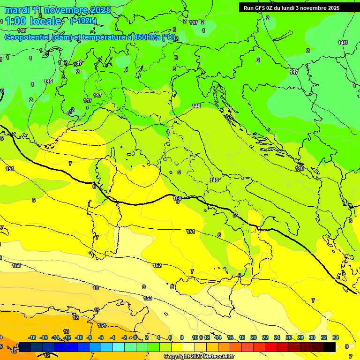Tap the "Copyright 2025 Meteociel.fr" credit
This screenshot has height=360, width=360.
[x=199, y=357]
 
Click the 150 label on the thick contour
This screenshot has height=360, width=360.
[x=177, y=198]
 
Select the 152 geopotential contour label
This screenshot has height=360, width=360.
[x=157, y=265]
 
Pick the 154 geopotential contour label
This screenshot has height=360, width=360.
[x=102, y=325]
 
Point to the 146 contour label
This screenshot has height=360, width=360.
[x=342, y=43]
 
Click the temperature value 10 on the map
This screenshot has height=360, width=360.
[x=96, y=288]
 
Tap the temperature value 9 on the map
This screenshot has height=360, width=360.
[x=144, y=287]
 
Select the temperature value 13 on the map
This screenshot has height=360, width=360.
[x=66, y=331]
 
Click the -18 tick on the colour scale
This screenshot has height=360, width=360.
[x=32, y=337]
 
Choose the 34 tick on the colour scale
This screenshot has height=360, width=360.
[x=336, y=337]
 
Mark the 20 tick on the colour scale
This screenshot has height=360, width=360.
[x=254, y=337]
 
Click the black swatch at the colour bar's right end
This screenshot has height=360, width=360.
[x=330, y=347]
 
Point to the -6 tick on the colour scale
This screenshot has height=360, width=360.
[x=101, y=337]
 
